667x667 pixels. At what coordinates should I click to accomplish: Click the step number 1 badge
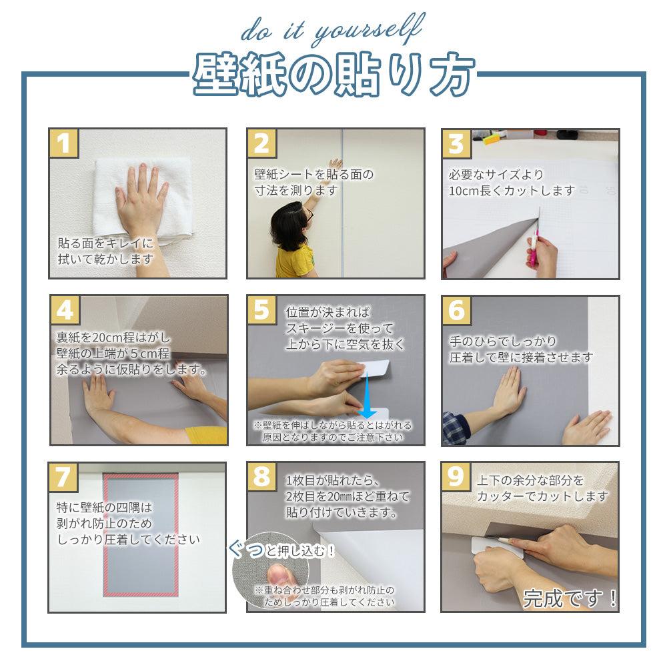[64, 143]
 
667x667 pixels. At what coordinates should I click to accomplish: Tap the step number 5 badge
[262, 309]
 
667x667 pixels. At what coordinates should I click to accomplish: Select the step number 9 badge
[456, 476]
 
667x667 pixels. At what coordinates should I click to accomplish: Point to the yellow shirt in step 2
[294, 261]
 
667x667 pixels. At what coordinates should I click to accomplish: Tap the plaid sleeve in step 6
[455, 427]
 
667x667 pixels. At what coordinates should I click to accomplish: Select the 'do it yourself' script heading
[333, 29]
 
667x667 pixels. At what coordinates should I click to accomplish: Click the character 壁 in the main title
[215, 75]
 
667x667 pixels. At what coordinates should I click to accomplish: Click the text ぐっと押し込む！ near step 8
[282, 550]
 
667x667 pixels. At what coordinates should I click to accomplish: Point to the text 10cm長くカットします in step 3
[512, 191]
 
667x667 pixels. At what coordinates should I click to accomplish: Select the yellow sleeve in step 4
[206, 435]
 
